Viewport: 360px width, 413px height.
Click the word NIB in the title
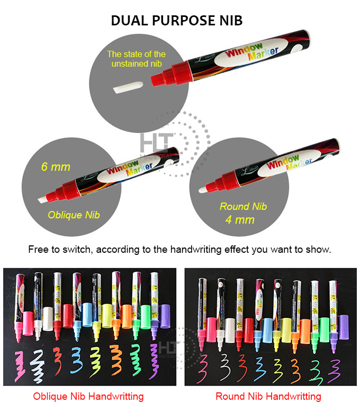(229, 21)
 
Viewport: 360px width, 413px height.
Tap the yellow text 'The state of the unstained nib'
(136, 58)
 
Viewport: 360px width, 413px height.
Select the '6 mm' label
(56, 167)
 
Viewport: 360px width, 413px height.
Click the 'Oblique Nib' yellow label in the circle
(74, 215)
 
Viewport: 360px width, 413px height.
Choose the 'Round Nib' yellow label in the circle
(243, 206)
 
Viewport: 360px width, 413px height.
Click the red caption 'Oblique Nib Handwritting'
(88, 396)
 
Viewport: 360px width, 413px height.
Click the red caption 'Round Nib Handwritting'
(268, 396)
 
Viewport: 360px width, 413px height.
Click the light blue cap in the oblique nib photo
(87, 315)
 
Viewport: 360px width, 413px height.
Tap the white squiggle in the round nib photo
(222, 365)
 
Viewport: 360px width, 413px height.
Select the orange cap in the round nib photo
(305, 329)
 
